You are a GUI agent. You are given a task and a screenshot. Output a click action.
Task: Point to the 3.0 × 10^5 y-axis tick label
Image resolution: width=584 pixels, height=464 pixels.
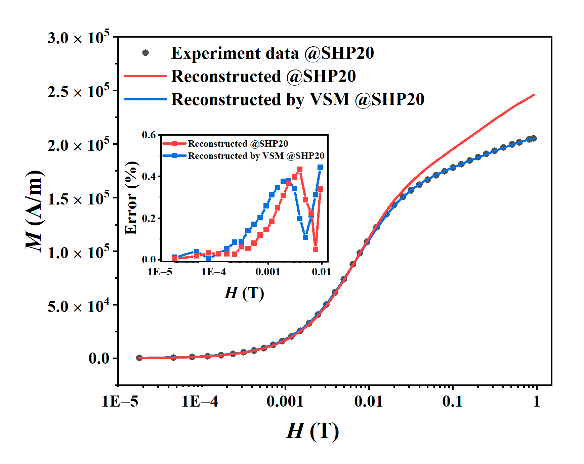pos(78,38)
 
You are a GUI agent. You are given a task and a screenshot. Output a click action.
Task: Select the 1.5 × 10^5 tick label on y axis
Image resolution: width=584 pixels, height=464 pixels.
pos(78,199)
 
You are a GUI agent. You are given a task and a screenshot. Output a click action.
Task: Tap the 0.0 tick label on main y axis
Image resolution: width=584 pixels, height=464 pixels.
pos(99,358)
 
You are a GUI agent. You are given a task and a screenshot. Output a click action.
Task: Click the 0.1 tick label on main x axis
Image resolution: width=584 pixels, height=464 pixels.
pos(452,401)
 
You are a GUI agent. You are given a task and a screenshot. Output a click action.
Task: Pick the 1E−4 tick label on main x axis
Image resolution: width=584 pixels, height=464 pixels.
pos(200,401)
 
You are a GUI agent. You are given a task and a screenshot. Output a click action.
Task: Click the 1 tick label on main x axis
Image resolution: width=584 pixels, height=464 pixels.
pos(536,401)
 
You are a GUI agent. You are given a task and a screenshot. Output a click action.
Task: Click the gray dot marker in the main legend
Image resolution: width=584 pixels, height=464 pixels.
pos(145,53)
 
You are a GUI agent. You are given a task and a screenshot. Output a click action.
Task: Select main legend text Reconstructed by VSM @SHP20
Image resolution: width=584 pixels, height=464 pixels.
pos(297,99)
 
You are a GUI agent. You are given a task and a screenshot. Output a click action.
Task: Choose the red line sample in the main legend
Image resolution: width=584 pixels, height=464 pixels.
pos(145,76)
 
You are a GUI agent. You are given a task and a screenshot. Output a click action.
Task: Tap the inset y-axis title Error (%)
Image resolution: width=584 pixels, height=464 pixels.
pos(131,198)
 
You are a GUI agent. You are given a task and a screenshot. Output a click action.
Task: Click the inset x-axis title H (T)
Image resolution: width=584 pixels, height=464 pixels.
pos(244,293)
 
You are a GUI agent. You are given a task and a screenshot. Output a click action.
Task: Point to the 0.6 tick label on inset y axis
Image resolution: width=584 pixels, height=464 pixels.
pos(149,135)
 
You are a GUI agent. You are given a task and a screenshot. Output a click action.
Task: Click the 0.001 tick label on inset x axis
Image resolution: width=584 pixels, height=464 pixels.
pos(268,272)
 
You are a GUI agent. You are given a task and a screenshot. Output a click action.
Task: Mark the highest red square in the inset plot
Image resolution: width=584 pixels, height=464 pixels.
pos(300,169)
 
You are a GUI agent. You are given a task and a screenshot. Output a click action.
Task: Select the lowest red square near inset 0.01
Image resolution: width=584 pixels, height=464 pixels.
pos(316,249)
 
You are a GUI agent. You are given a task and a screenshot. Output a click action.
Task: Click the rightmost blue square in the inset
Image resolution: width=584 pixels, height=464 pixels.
pos(320,167)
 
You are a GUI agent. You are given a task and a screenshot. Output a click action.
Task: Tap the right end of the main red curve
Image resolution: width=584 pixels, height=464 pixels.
pos(534,95)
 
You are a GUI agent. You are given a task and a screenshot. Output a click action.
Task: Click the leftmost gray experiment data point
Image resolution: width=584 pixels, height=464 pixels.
pos(139,358)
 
